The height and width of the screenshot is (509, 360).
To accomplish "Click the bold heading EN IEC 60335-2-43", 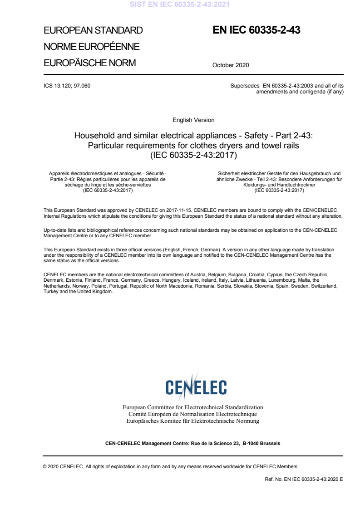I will tap(256, 30).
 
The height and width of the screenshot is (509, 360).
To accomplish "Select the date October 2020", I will tap(231, 65).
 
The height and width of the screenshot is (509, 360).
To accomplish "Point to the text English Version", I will tap(193, 120).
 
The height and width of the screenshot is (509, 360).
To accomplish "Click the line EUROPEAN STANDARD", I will tap(93, 31).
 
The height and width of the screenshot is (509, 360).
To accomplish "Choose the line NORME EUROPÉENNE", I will tap(91, 47).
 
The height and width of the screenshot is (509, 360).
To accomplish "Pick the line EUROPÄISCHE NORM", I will tap(89, 63).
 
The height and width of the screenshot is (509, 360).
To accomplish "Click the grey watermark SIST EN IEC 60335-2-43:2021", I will tap(180, 5).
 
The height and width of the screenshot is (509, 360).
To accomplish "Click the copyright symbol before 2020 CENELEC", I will tap(44, 466).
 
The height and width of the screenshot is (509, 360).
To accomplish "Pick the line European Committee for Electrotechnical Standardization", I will tap(193, 407).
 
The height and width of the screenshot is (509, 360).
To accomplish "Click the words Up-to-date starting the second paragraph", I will tap(55, 230).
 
